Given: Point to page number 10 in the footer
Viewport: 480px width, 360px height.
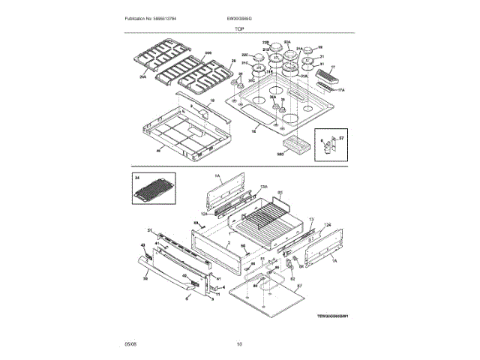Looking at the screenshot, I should coord(239,344).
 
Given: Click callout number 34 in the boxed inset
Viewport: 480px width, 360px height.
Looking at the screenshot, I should coord(138,178).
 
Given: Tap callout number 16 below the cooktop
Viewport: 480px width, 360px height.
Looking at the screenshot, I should coord(253,130).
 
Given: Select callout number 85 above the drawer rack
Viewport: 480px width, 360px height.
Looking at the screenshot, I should coord(280,193).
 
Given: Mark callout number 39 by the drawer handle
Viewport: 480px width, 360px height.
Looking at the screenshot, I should coord(145,277).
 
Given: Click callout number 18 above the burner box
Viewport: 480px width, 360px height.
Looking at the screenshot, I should coord(212,100).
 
